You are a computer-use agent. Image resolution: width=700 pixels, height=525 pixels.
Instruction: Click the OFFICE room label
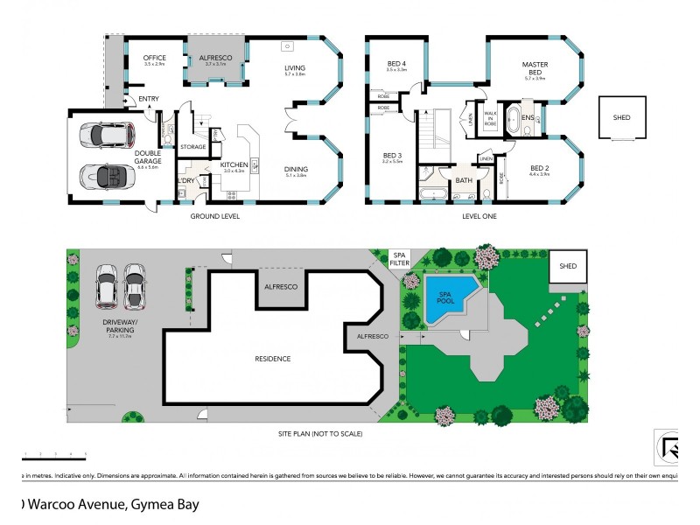click(154, 58)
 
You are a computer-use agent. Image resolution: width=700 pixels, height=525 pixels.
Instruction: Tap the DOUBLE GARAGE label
click(147, 157)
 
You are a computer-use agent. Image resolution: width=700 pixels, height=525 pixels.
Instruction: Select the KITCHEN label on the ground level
click(234, 164)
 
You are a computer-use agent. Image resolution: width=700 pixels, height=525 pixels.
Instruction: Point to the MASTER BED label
click(535, 68)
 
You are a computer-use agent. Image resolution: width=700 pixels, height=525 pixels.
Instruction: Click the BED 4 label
click(396, 61)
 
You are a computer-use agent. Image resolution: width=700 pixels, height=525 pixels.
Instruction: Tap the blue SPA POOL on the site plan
click(448, 296)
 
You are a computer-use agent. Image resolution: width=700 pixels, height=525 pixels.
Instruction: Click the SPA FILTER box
click(399, 258)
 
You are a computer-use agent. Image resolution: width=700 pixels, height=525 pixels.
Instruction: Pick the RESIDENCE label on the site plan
click(272, 359)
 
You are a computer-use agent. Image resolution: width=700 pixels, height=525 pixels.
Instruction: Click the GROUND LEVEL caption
click(214, 216)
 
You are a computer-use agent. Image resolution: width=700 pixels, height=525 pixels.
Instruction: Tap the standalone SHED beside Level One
click(621, 117)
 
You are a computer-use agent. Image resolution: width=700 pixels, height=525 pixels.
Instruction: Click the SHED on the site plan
click(568, 267)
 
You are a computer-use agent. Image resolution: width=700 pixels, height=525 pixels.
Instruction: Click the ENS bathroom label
click(528, 117)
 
